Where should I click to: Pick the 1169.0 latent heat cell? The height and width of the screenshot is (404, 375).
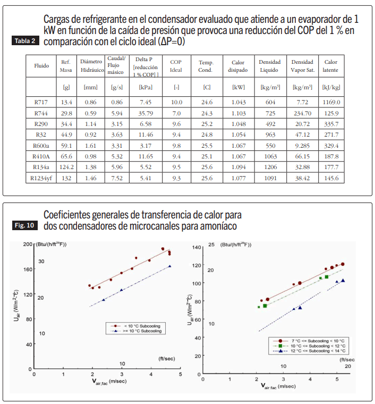[331, 101]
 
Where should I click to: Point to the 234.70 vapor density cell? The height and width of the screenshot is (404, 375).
[302, 113]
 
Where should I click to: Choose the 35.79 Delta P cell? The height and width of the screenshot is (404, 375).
[146, 113]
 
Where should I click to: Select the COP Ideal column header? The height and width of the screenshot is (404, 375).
[176, 66]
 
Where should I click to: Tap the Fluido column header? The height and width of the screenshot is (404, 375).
[41, 66]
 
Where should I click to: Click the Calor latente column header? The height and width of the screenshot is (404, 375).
[331, 66]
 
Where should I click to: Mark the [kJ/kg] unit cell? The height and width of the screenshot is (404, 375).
[331, 86]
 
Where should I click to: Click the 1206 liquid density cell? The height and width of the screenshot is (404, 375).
[270, 167]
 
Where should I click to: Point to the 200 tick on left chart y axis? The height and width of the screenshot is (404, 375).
[28, 244]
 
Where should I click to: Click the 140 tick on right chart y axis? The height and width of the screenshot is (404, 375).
[195, 248]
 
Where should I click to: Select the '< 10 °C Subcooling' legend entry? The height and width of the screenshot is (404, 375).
[141, 325]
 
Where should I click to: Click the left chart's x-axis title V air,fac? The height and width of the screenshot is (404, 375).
[107, 381]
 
